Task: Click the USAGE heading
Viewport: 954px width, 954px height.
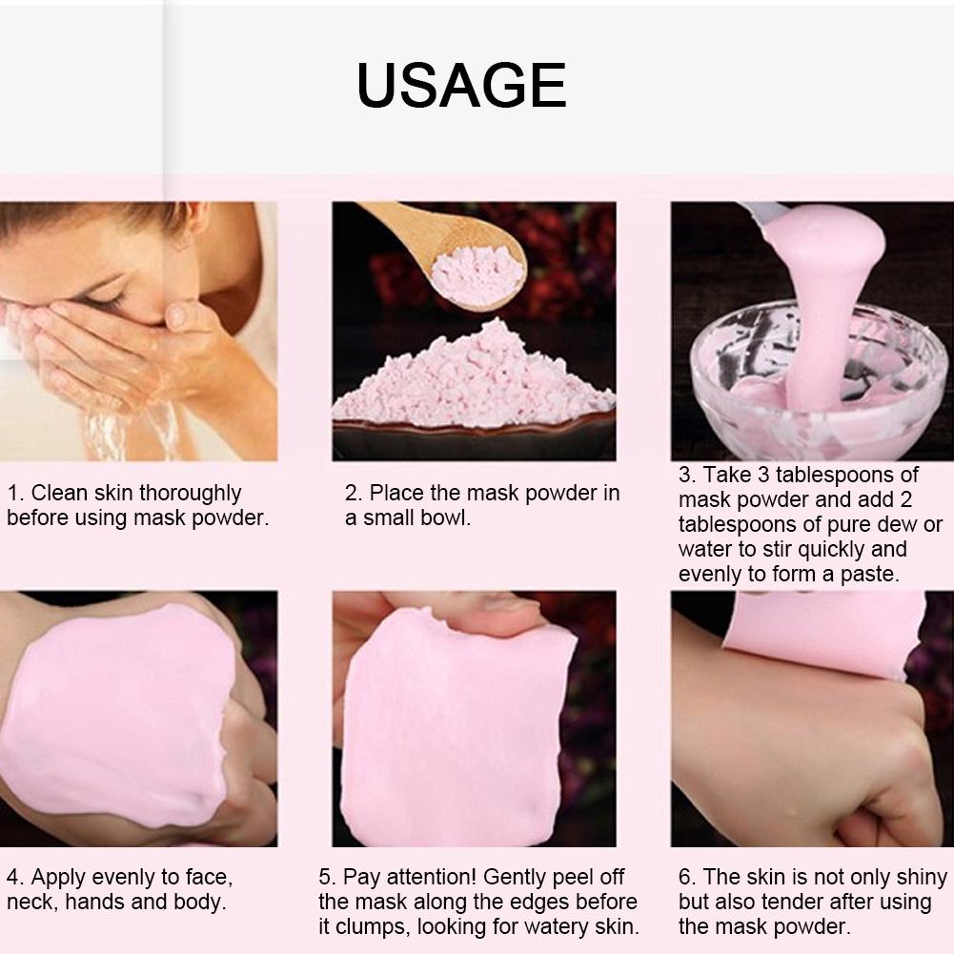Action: [461, 85]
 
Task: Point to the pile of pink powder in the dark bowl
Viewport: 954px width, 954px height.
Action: [472, 377]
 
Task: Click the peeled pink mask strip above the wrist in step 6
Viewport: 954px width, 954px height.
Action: [822, 633]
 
